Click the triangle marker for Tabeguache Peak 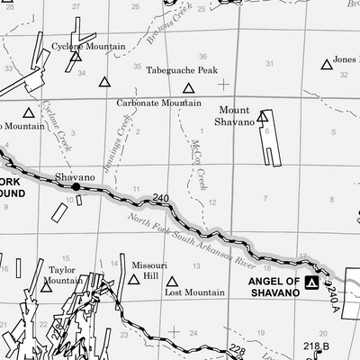coord(189,88)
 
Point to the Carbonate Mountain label coord(158,103)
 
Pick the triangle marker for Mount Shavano coord(263,116)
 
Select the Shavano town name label coord(74,177)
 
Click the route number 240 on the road coord(161,198)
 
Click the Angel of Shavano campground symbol coord(311,283)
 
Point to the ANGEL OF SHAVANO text coord(272,286)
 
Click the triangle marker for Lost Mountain coord(173,279)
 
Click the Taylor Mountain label coord(61,274)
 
